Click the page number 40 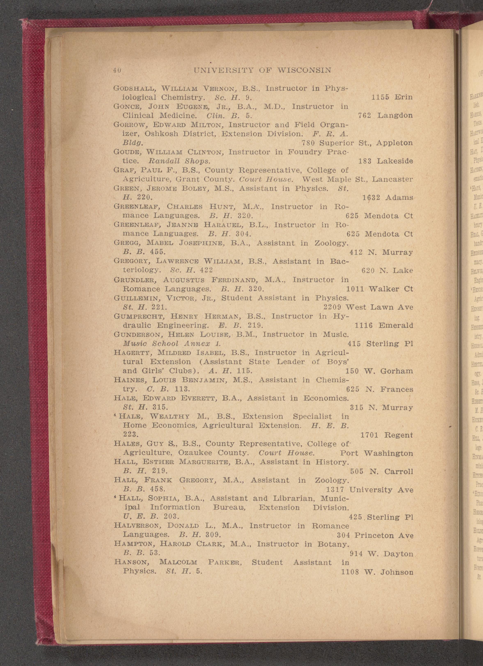[x=117, y=71]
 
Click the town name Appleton [x=394, y=143]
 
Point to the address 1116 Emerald [x=384, y=325]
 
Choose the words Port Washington [x=376, y=453]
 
